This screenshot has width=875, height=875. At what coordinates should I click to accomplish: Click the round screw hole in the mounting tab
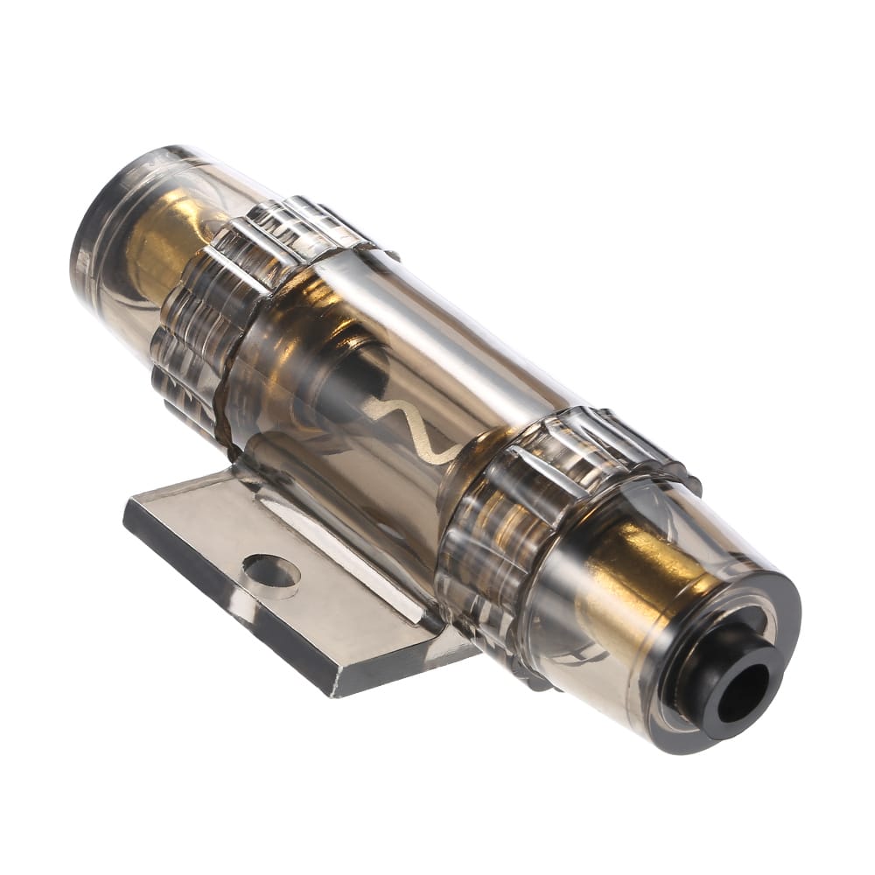pos(271,571)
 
